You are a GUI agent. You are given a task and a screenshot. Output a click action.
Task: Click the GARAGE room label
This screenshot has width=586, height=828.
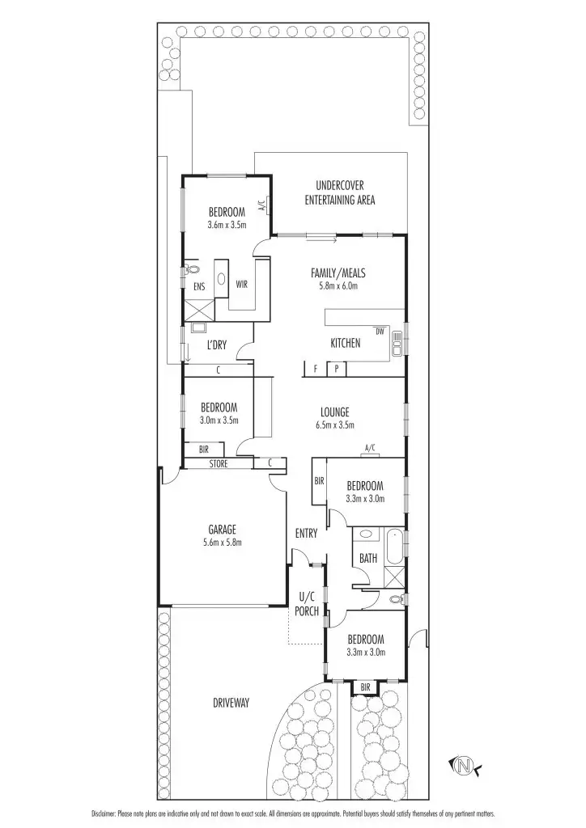point(222,530)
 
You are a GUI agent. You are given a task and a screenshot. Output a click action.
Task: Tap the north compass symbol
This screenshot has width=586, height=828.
point(464,764)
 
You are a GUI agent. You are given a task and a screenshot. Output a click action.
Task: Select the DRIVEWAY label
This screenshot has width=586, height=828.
point(231,703)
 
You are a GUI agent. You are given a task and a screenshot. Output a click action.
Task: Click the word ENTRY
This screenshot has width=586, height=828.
point(307,534)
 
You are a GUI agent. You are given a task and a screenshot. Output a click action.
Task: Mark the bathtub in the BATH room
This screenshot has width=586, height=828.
point(396,545)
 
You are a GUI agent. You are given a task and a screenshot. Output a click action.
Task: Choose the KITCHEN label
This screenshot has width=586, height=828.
point(345,344)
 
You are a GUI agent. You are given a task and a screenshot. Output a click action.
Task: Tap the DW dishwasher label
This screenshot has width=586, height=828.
point(379,331)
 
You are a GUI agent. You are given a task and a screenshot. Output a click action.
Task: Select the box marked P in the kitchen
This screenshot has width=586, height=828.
point(337,370)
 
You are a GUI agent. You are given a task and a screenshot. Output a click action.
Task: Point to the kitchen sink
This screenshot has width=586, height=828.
point(397,344)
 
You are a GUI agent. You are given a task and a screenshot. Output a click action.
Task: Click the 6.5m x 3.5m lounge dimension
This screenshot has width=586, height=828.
point(335,425)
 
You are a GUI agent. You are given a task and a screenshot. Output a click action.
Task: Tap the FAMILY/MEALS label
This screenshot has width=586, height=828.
point(334,273)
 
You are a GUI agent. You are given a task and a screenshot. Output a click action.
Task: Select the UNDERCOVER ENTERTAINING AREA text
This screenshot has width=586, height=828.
point(339,193)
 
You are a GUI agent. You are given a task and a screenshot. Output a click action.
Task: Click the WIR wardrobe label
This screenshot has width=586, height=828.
point(241,285)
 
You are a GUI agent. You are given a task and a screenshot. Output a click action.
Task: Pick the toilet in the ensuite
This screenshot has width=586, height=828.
point(192,270)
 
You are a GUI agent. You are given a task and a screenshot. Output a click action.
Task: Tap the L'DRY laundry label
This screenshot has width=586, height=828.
point(216,345)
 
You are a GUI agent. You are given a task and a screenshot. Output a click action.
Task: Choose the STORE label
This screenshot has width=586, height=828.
point(219,464)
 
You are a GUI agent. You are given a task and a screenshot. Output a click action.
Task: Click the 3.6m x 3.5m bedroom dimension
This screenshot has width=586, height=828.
point(227,225)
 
